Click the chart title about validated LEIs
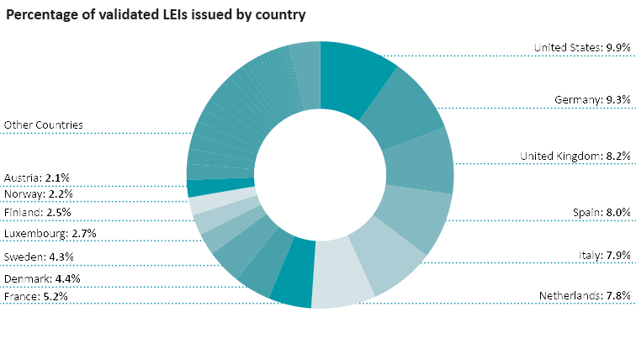pos(156,15)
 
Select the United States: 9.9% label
pos(582,48)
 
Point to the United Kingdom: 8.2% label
pos(575,156)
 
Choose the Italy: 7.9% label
pos(605,255)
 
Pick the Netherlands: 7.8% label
pos(585,296)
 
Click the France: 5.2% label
pos(35,296)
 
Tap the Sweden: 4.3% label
pos(39,256)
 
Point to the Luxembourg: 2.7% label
pos(50,233)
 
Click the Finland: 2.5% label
pos(37,213)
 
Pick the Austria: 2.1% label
pos(37,177)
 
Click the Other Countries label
pos(44,124)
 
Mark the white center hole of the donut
pos(320,174)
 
